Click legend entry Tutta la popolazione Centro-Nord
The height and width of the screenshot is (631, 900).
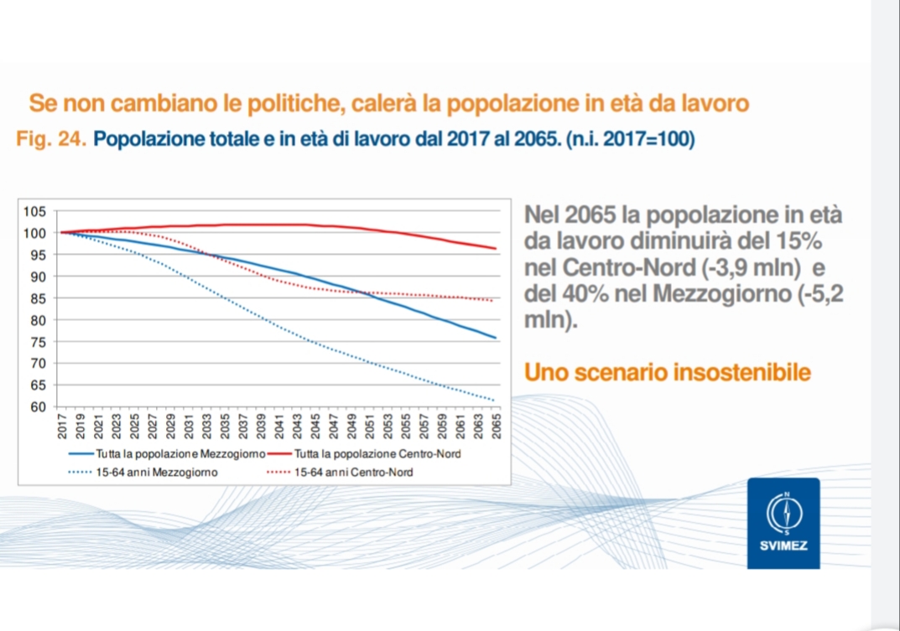(x=378, y=454)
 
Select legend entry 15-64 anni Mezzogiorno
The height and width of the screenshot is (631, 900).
(x=156, y=473)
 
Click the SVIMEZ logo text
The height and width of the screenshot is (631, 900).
(x=783, y=546)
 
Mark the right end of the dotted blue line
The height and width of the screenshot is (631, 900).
(x=496, y=401)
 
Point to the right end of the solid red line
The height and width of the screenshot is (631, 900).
(x=497, y=248)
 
